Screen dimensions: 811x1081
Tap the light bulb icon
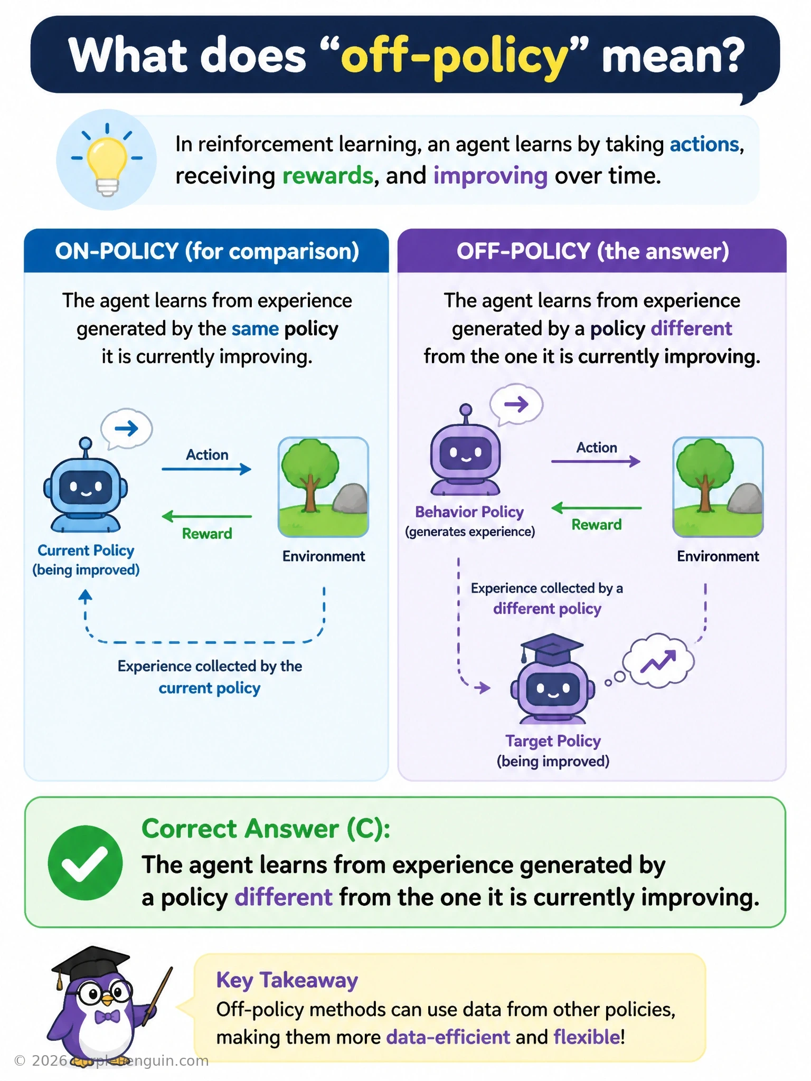(x=107, y=160)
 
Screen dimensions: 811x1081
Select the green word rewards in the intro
(x=327, y=176)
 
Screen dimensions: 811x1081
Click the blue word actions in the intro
(x=704, y=144)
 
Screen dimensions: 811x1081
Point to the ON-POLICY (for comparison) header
(x=207, y=251)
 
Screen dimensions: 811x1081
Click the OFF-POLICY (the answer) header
(x=592, y=251)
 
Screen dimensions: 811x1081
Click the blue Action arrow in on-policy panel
(x=206, y=469)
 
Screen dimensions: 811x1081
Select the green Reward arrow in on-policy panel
(x=206, y=516)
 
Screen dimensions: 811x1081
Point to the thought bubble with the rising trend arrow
(x=658, y=661)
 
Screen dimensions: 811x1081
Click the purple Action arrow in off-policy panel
(x=596, y=461)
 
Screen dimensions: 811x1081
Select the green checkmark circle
(x=85, y=862)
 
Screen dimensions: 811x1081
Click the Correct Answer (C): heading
(x=266, y=829)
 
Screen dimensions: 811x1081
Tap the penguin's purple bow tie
(x=107, y=1016)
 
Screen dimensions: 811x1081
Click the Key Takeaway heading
(x=287, y=980)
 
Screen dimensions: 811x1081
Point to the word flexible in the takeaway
(x=586, y=1037)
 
